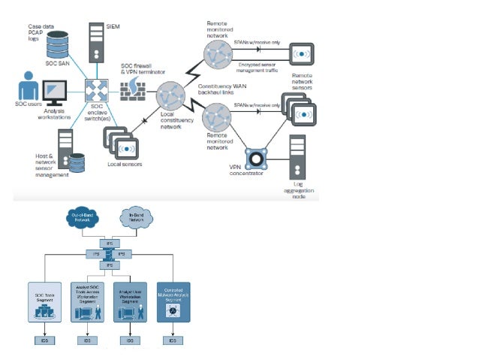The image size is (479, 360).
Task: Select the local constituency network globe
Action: pyautogui.click(x=170, y=97)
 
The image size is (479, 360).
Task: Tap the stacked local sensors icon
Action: pyautogui.click(x=119, y=142)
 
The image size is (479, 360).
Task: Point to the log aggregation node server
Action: pyautogui.click(x=298, y=157)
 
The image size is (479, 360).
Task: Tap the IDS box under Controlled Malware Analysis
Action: pyautogui.click(x=173, y=340)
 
